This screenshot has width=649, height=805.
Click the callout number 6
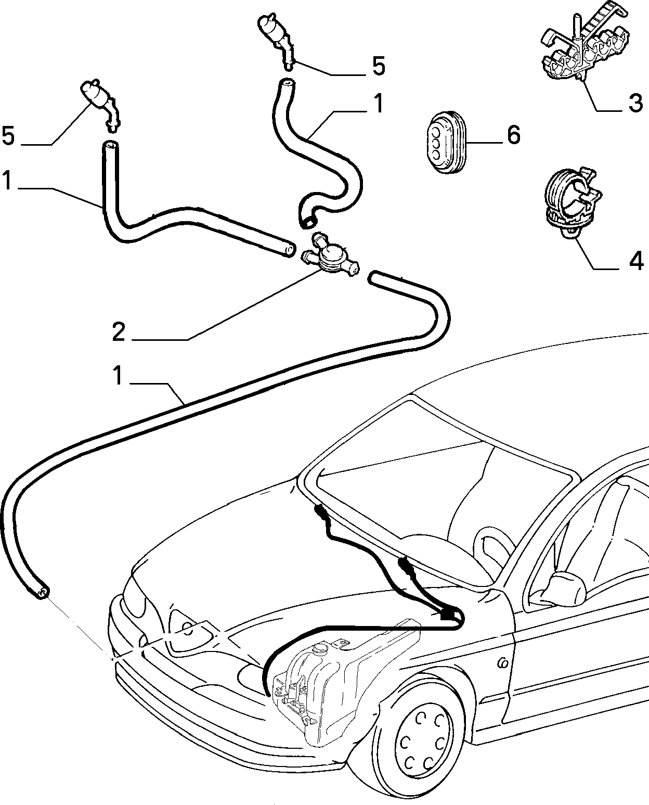(514, 135)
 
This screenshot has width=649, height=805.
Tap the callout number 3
(635, 103)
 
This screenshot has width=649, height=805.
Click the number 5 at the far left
(8, 135)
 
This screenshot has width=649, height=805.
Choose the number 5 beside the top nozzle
(379, 66)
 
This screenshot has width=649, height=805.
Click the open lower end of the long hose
(42, 593)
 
